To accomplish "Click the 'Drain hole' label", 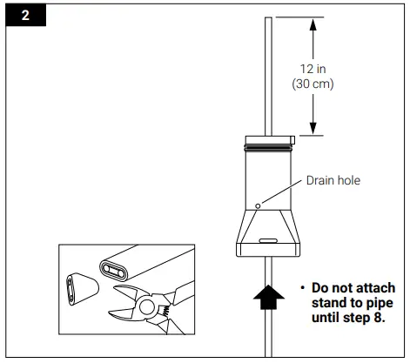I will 333,181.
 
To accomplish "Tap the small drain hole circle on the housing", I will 259,206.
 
